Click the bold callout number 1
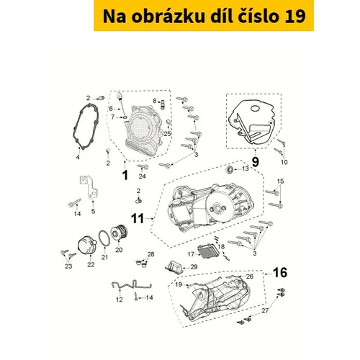[125, 175]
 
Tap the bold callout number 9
[256, 162]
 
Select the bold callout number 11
[138, 219]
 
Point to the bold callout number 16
[280, 273]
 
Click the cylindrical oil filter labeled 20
[120, 233]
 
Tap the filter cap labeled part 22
[87, 246]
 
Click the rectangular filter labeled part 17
[207, 251]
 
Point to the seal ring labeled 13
[230, 169]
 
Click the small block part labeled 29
[174, 267]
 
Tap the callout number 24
[143, 176]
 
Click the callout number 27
[265, 310]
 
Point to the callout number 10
[284, 162]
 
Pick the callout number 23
[68, 266]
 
